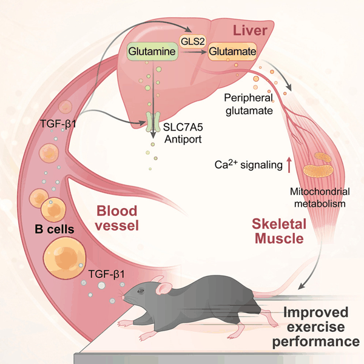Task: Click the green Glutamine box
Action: [x=152, y=52]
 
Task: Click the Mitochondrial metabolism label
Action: [x=319, y=198]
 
